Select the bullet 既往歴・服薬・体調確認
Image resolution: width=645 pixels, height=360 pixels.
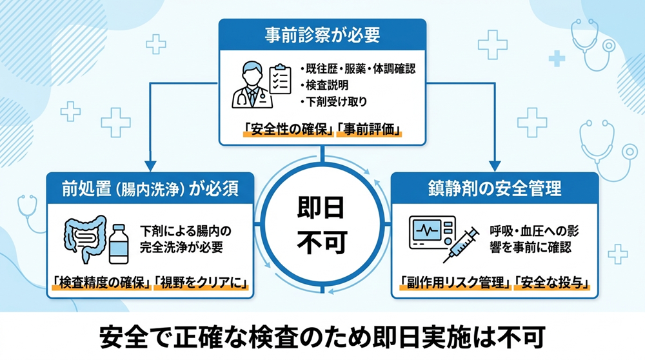click(x=359, y=69)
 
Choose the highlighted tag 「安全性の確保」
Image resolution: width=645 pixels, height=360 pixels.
click(x=287, y=130)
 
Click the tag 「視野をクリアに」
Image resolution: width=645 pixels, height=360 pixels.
click(x=201, y=282)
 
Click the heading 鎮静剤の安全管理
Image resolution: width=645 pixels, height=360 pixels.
click(x=495, y=188)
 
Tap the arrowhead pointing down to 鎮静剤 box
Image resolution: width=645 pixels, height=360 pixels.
click(x=495, y=166)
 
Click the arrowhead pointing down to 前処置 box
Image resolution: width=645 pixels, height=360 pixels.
click(x=150, y=166)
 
